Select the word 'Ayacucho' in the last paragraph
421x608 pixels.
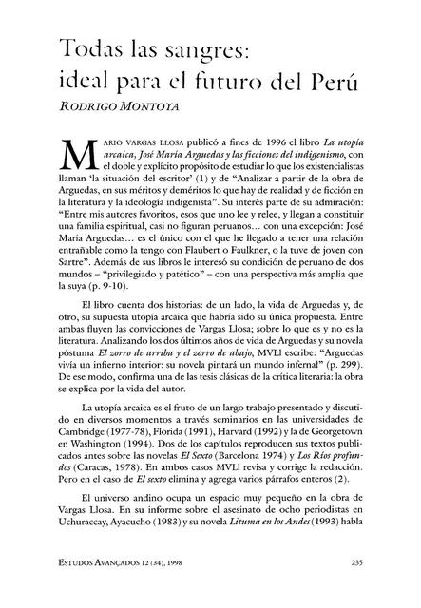tap(163, 560)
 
